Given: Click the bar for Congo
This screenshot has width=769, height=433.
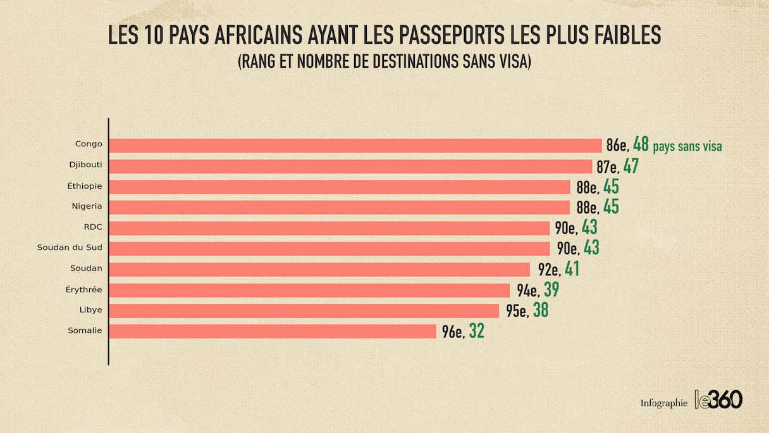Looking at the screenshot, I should point(355,146).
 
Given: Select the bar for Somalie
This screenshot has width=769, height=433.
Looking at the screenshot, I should point(273,331).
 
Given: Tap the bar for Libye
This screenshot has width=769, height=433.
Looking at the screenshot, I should point(304,311).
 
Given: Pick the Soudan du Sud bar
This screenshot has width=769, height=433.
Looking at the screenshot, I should point(329,248).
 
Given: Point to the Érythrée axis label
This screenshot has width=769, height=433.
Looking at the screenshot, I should point(84,289).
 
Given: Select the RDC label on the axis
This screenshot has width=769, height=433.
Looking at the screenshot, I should point(92,227).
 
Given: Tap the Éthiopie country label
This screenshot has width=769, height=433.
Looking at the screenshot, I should point(85,185).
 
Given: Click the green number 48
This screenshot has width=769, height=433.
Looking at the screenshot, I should point(641,145).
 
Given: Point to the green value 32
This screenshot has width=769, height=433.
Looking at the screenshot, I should point(476,331).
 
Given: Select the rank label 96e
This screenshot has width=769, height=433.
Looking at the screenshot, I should point(453,332).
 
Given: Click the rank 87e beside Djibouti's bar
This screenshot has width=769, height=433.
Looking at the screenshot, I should point(607,167).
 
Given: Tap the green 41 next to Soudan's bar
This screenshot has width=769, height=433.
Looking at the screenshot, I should point(572,269).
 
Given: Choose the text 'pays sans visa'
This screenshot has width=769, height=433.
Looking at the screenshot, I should point(687,147).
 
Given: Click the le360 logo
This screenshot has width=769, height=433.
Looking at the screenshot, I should point(718,399).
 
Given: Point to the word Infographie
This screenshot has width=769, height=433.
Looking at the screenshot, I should point(663,403).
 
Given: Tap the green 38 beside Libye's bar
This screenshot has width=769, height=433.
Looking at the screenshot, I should point(540,311).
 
